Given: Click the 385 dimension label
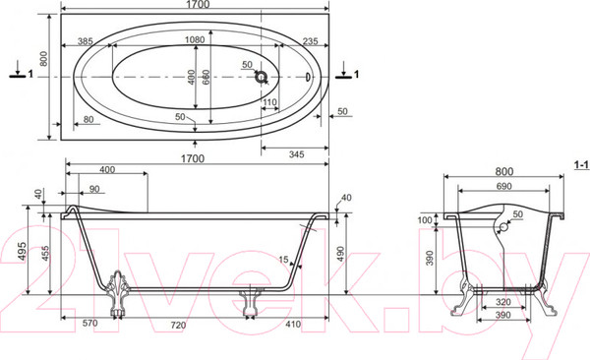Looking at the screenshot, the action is (x=85, y=40).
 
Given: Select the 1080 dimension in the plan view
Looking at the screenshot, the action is (x=195, y=39).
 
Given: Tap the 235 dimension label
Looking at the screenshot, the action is (x=310, y=41).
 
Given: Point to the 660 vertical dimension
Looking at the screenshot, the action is (x=206, y=77).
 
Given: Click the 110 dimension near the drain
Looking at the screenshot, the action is (x=269, y=102).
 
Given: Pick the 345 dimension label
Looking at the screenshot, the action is (x=297, y=154).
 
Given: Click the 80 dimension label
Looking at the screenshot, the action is (x=88, y=119).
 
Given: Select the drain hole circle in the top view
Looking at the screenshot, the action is (x=261, y=77).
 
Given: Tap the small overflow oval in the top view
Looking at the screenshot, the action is (x=308, y=77).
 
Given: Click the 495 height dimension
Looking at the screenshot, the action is (x=22, y=251).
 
